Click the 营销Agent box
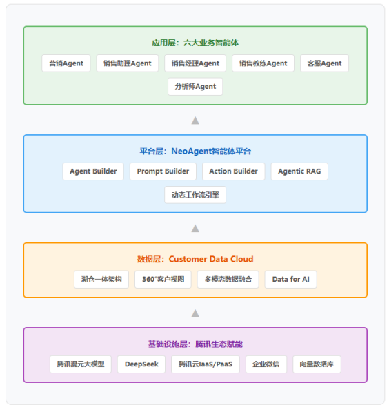66,63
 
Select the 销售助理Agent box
128,63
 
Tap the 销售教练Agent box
263,63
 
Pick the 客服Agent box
324,63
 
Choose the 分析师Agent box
195,87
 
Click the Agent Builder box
93,171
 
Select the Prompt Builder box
163,171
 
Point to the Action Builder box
234,171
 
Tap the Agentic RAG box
299,171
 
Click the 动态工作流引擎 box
195,195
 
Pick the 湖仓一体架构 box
101,280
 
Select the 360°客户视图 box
163,280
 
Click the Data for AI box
290,280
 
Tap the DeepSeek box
141,364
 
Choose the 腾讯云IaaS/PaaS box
206,364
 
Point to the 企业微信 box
266,364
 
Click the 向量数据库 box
317,364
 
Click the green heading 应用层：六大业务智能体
195,43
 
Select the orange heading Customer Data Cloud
211,259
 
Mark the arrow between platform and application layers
195,121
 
